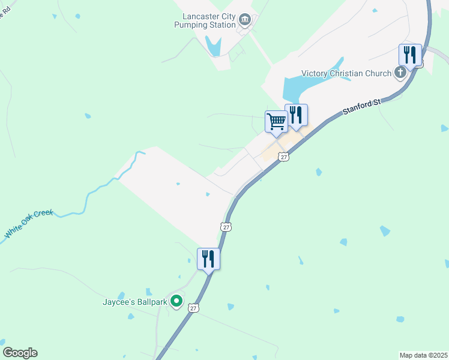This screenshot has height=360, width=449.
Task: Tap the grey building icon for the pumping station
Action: tap(245, 20)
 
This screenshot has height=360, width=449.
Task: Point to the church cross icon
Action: tap(400, 74)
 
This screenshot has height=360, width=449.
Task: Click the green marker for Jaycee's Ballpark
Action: tap(176, 301)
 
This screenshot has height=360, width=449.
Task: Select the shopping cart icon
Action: tap(277, 121)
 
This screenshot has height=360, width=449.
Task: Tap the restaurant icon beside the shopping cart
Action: tap(296, 115)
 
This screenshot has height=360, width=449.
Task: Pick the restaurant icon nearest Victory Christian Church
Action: tap(411, 55)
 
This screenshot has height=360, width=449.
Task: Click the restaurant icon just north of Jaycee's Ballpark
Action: tap(208, 259)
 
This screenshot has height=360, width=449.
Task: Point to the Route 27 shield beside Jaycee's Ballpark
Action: tap(193, 308)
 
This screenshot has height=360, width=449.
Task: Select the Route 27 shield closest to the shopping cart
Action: tap(284, 156)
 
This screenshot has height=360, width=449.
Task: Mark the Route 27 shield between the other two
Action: tap(225, 227)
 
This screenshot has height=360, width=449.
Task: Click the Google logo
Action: tap(20, 353)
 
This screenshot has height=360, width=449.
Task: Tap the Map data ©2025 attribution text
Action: tap(423, 355)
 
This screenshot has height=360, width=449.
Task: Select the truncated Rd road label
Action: tap(3, 12)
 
